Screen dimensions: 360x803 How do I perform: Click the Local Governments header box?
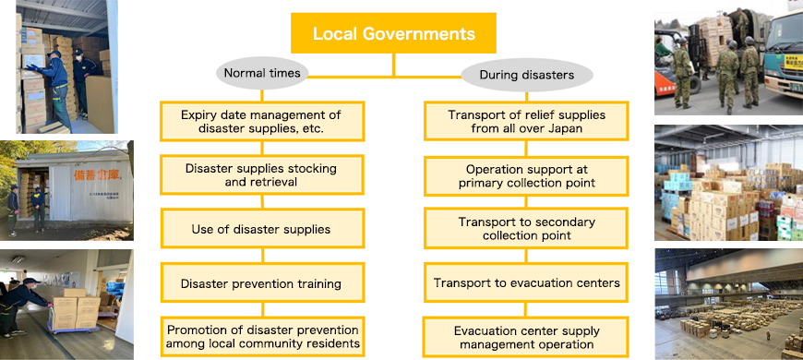tap(394, 34)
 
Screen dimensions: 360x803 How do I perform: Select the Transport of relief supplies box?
tap(526, 121)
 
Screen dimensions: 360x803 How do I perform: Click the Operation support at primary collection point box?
tap(526, 174)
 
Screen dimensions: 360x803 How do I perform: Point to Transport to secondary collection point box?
tap(526, 229)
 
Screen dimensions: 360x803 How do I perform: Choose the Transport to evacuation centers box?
tap(526, 283)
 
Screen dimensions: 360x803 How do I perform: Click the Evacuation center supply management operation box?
tap(526, 338)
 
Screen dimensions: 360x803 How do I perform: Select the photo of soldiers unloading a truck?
tap(728, 61)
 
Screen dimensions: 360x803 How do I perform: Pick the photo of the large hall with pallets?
tap(728, 304)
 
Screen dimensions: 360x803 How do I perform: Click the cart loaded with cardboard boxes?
tap(74, 312)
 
